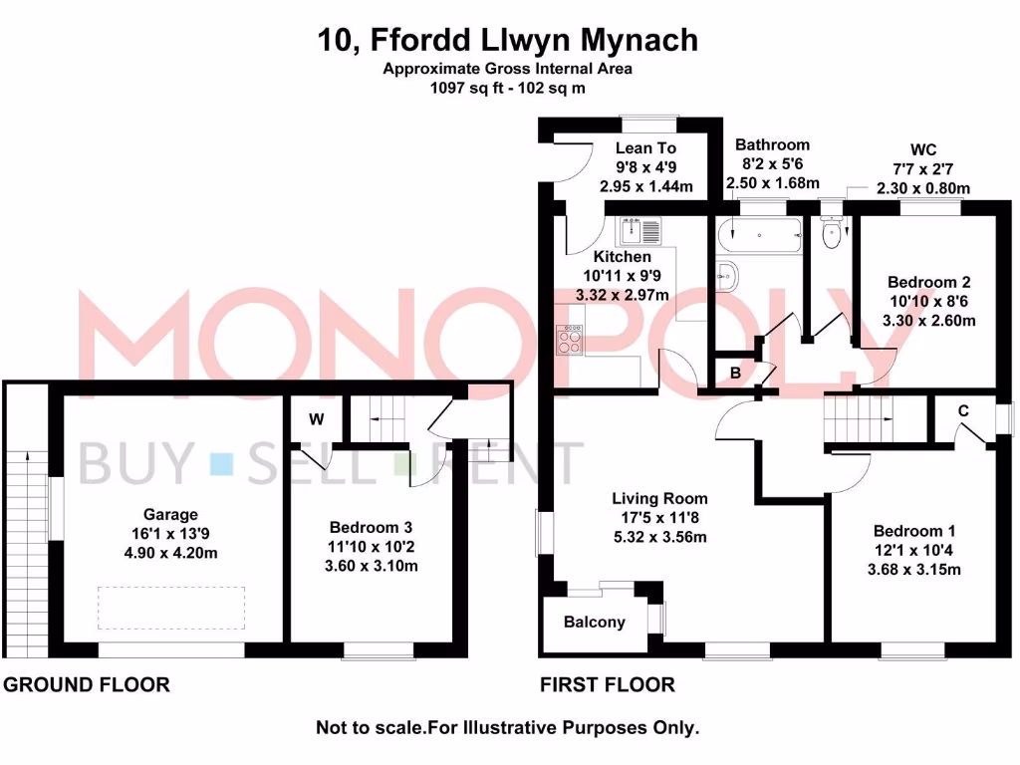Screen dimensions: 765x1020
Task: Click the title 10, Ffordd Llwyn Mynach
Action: pos(508,41)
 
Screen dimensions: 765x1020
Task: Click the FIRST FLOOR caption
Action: pos(607,685)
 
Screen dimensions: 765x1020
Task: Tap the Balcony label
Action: pos(595,623)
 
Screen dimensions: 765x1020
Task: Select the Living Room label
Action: pos(659,499)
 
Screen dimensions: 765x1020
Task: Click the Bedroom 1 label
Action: pos(914,531)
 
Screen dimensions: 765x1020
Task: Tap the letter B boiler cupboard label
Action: pos(735,374)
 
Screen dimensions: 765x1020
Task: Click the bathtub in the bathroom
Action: pos(759,236)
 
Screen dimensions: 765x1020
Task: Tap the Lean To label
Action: pos(645,148)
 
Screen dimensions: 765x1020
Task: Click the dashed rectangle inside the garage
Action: pos(170,608)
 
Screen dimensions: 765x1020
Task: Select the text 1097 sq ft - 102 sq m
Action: pos(508,87)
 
